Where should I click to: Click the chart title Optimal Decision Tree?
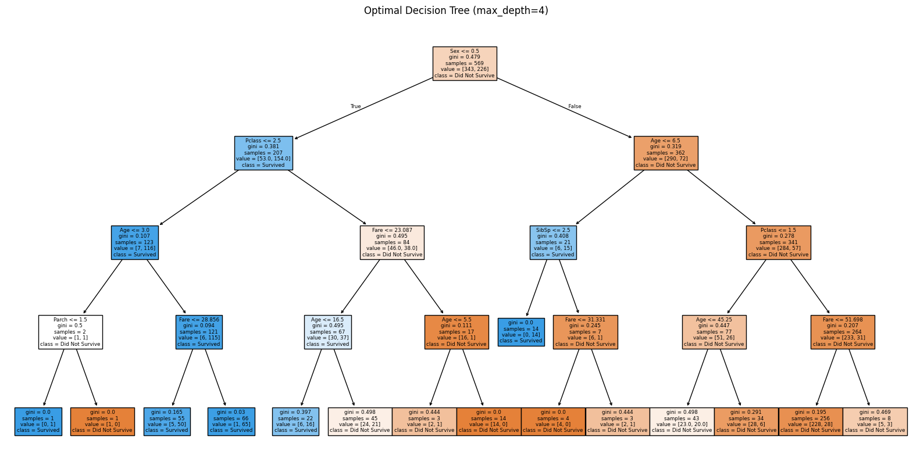[x=456, y=10]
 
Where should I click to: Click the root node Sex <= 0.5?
[x=464, y=63]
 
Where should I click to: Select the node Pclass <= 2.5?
[x=263, y=153]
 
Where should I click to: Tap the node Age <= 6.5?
[x=665, y=153]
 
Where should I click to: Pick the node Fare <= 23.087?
[x=392, y=242]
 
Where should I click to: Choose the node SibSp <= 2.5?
[x=552, y=242]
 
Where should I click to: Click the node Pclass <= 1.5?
[x=778, y=242]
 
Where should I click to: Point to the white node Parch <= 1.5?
[x=70, y=332]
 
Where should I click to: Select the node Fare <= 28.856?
[x=199, y=332]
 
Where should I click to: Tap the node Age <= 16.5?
[x=327, y=332]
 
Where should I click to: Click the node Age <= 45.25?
[x=714, y=332]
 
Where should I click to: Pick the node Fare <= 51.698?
[x=842, y=332]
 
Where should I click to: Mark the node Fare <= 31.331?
[x=585, y=332]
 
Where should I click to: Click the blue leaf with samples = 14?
[x=521, y=332]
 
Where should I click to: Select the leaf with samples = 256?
[x=810, y=421]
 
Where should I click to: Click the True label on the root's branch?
[x=355, y=106]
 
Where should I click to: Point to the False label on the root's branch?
[x=574, y=106]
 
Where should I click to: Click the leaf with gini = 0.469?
[x=875, y=421]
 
